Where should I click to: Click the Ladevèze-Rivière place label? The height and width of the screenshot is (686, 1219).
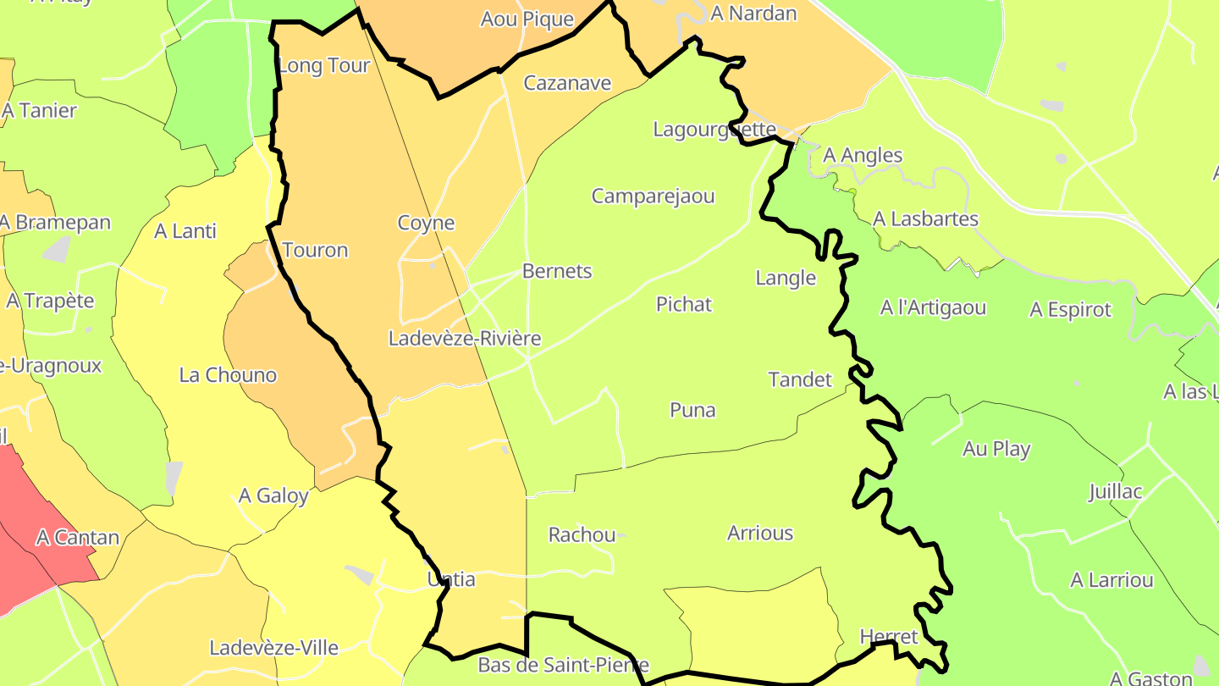tap(464, 339)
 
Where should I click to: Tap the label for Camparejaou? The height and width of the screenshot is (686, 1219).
tap(653, 196)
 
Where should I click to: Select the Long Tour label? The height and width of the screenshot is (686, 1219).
tap(324, 66)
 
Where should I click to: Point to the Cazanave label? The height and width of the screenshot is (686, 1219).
tap(567, 83)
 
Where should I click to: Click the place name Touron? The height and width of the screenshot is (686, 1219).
tap(315, 250)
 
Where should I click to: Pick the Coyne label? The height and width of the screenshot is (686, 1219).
tap(426, 224)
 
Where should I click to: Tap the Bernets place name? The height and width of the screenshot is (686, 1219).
tap(557, 272)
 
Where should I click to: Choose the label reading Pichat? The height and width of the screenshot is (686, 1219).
tap(684, 305)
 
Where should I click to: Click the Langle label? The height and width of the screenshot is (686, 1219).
tap(785, 278)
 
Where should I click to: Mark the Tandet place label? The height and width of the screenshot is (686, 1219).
tap(800, 379)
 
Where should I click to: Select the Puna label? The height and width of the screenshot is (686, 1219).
tap(692, 411)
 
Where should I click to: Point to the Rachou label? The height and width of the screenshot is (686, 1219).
tap(582, 535)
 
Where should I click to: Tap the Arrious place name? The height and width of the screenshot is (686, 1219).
tap(760, 534)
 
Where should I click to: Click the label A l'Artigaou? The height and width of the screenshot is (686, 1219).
tap(933, 307)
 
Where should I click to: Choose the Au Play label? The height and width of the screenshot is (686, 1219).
tap(996, 449)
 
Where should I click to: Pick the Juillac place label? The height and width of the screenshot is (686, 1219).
tap(1115, 492)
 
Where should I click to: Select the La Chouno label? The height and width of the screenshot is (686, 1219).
tap(228, 375)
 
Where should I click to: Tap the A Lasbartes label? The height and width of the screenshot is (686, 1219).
tap(925, 219)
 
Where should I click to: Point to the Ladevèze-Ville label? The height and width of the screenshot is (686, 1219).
tap(273, 649)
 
